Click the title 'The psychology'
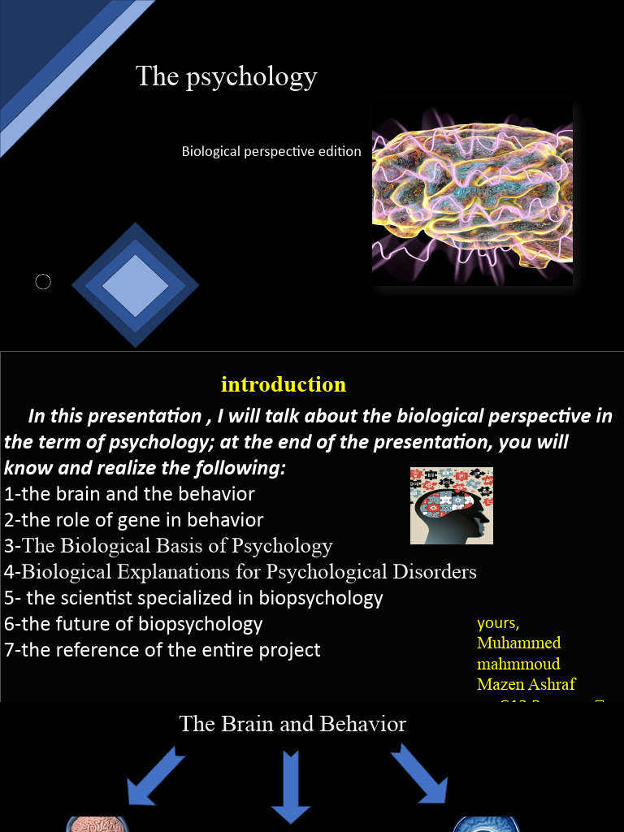coord(226,76)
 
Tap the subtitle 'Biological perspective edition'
coord(271,151)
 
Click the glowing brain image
coord(472,194)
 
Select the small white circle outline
coord(43,282)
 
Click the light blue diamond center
coord(135,285)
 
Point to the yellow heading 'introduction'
coord(284,384)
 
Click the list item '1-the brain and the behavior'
coord(129,494)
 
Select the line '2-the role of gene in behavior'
coord(134,520)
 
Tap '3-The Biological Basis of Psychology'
coord(168,546)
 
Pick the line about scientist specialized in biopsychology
coord(193,598)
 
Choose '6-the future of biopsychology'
coord(133,624)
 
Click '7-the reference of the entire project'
coord(162,650)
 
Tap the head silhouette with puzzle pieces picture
coord(451,505)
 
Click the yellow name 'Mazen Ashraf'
coord(526,684)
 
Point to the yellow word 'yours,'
coord(498,623)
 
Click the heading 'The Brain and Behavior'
coord(292,724)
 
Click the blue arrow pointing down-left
coord(156,780)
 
